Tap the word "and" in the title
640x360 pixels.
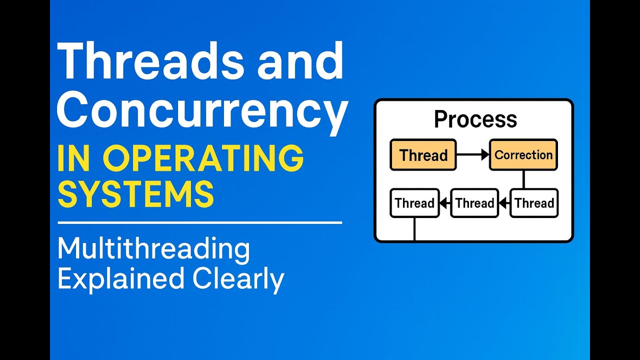[x=303, y=62]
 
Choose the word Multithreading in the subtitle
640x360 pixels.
[x=153, y=249]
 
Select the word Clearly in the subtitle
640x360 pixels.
[x=239, y=278]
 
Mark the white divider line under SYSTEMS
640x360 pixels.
[x=200, y=222]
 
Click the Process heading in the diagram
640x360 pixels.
[x=475, y=119]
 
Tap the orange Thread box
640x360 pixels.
[x=423, y=155]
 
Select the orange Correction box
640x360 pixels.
[x=523, y=155]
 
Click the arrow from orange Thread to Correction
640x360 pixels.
[x=472, y=155]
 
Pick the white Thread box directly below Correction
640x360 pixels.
[x=534, y=203]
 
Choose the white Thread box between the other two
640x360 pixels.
[x=474, y=203]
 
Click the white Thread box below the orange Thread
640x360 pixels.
[x=414, y=203]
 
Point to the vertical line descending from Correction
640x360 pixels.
[x=523, y=179]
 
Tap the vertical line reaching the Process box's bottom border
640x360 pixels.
[x=414, y=229]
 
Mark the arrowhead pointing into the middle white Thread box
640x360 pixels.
[x=503, y=203]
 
